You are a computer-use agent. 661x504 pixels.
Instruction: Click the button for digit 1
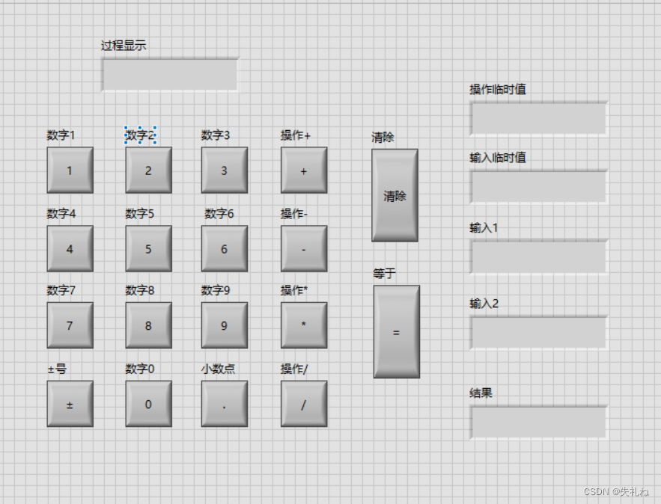pos(70,170)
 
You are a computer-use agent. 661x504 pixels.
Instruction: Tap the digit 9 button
pos(224,325)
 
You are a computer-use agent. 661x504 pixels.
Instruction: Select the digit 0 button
pos(148,404)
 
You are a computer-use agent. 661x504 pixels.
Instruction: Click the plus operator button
pos(304,170)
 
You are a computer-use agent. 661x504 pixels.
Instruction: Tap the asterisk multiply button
pos(304,325)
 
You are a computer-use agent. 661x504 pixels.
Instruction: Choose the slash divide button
pos(304,404)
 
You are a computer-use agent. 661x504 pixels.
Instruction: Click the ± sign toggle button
pos(70,404)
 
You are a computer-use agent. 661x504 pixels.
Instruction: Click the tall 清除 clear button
pos(395,195)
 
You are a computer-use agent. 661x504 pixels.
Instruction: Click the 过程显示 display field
pos(170,74)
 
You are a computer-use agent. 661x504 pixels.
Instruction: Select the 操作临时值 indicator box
pos(538,118)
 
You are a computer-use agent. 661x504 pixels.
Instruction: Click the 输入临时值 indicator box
pos(538,186)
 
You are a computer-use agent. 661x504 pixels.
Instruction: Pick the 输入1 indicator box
pos(538,256)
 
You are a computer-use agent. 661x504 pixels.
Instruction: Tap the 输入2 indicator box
pos(538,332)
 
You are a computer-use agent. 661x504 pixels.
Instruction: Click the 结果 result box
pos(538,422)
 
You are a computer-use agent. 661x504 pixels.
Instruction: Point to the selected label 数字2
pos(140,135)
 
